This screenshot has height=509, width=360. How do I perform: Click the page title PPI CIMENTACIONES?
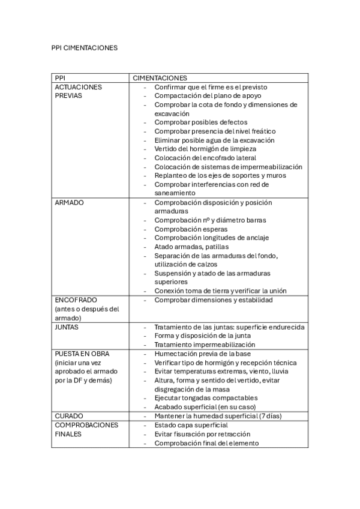85,47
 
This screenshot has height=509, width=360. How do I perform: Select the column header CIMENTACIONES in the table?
160,78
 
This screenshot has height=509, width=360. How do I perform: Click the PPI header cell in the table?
60,78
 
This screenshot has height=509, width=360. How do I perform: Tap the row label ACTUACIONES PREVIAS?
78,91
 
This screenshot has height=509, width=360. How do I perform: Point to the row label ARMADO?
69,202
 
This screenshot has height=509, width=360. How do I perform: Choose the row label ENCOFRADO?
76,300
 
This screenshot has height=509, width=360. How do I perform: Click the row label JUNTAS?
67,327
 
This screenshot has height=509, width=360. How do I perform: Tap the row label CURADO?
68,416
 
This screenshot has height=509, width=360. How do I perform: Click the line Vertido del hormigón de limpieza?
205,149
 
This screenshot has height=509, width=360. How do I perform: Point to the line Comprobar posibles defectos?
200,122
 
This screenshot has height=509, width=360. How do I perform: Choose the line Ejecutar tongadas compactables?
206,398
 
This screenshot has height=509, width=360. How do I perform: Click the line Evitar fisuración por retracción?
202,434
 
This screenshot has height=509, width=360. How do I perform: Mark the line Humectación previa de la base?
202,354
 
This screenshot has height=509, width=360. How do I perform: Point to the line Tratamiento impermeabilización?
205,345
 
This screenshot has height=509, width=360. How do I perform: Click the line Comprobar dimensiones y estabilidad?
213,300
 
